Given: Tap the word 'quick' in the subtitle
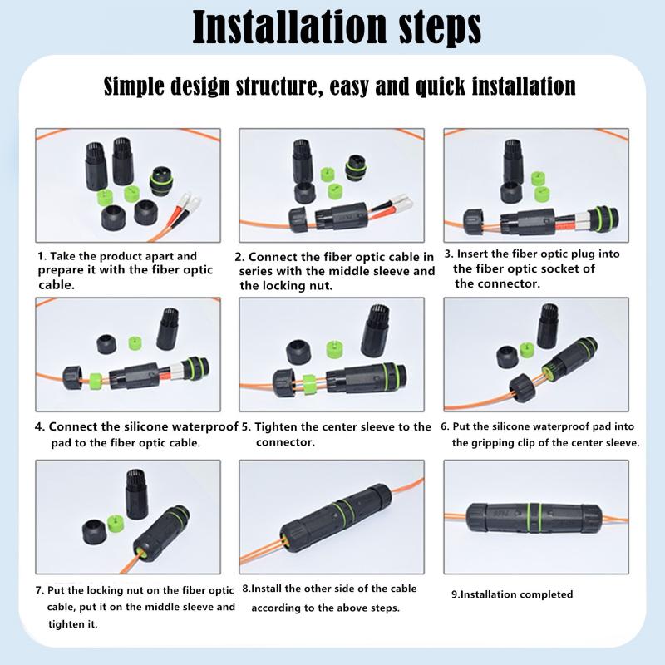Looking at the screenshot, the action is pyautogui.click(x=441, y=86).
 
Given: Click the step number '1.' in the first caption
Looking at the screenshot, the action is pyautogui.click(x=42, y=256).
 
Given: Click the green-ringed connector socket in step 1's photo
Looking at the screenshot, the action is pyautogui.click(x=161, y=181).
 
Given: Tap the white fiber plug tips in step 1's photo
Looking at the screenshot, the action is pyautogui.click(x=190, y=199).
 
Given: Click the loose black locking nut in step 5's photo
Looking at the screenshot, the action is pyautogui.click(x=298, y=352).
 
